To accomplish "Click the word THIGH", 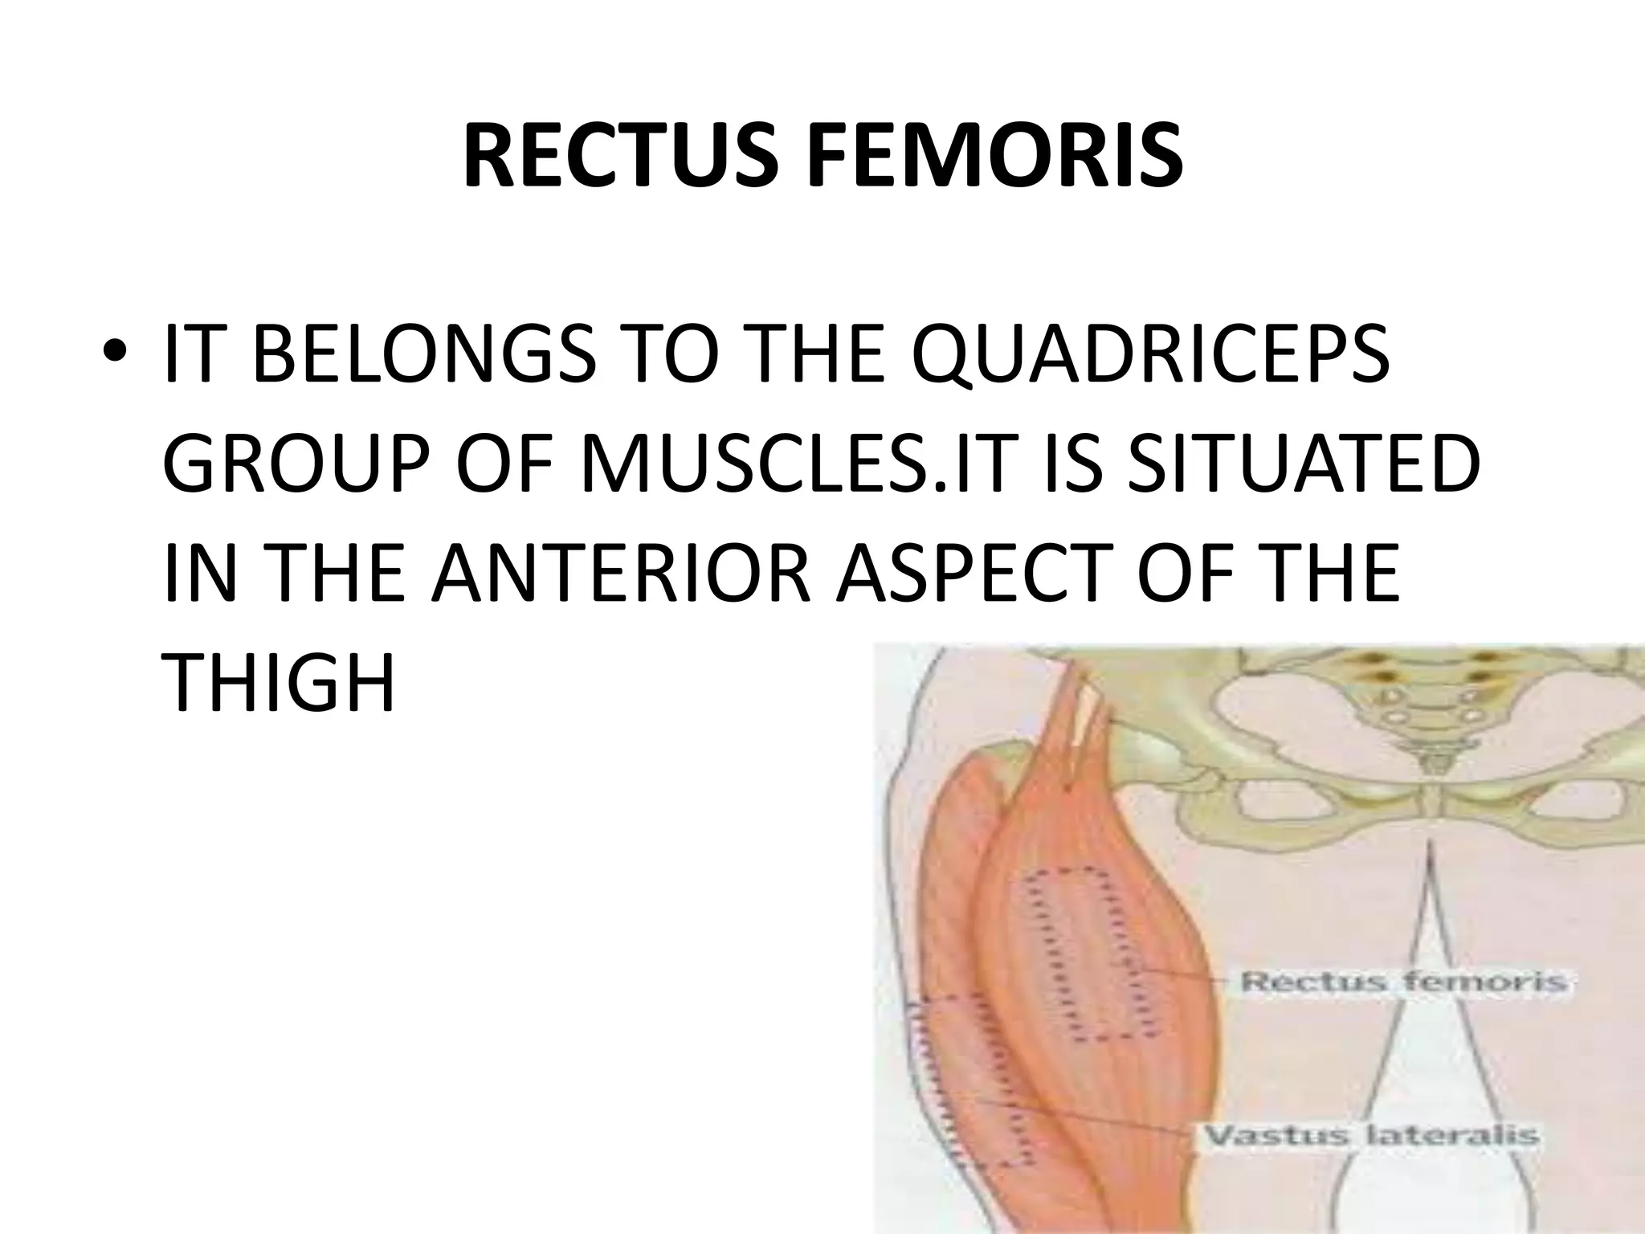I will point(278,683).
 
